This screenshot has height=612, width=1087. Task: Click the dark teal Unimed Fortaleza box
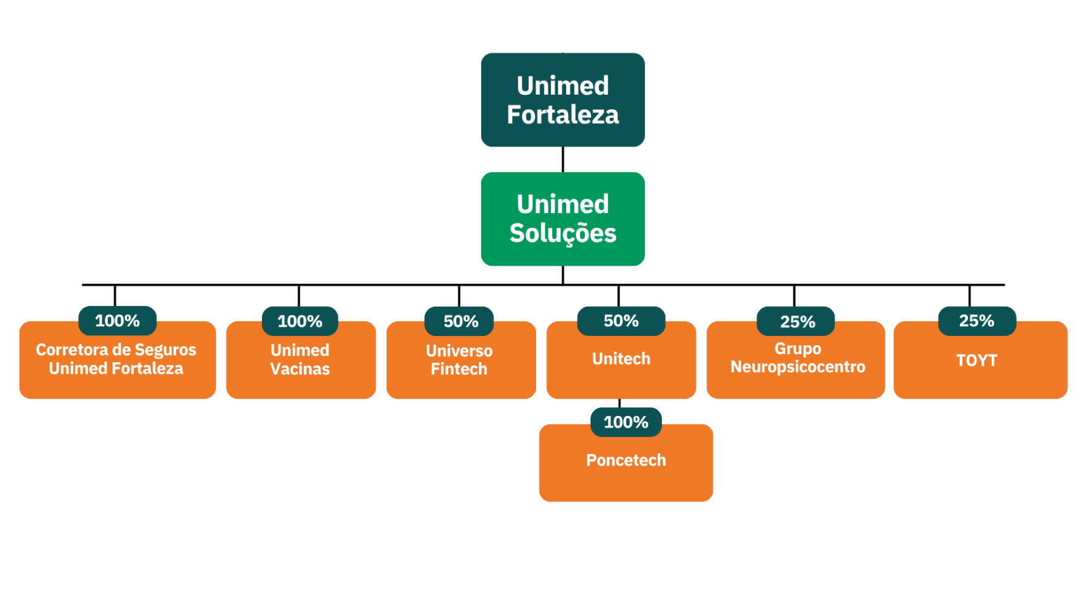(x=562, y=100)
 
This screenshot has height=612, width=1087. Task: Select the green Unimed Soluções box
(x=562, y=219)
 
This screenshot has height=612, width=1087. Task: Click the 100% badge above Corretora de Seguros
(x=117, y=321)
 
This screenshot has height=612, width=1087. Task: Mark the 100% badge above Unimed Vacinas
(x=300, y=321)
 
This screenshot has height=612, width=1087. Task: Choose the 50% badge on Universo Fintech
(x=460, y=321)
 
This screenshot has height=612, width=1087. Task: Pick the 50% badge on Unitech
(x=621, y=321)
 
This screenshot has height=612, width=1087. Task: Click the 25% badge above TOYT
(x=976, y=321)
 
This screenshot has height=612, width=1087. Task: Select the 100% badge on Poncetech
(x=626, y=422)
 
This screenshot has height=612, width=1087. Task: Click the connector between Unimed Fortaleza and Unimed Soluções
(x=562, y=159)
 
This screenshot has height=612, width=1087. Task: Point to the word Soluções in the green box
(x=562, y=233)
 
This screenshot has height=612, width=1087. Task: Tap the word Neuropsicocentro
(x=798, y=367)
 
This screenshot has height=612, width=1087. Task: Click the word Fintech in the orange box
(x=459, y=369)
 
